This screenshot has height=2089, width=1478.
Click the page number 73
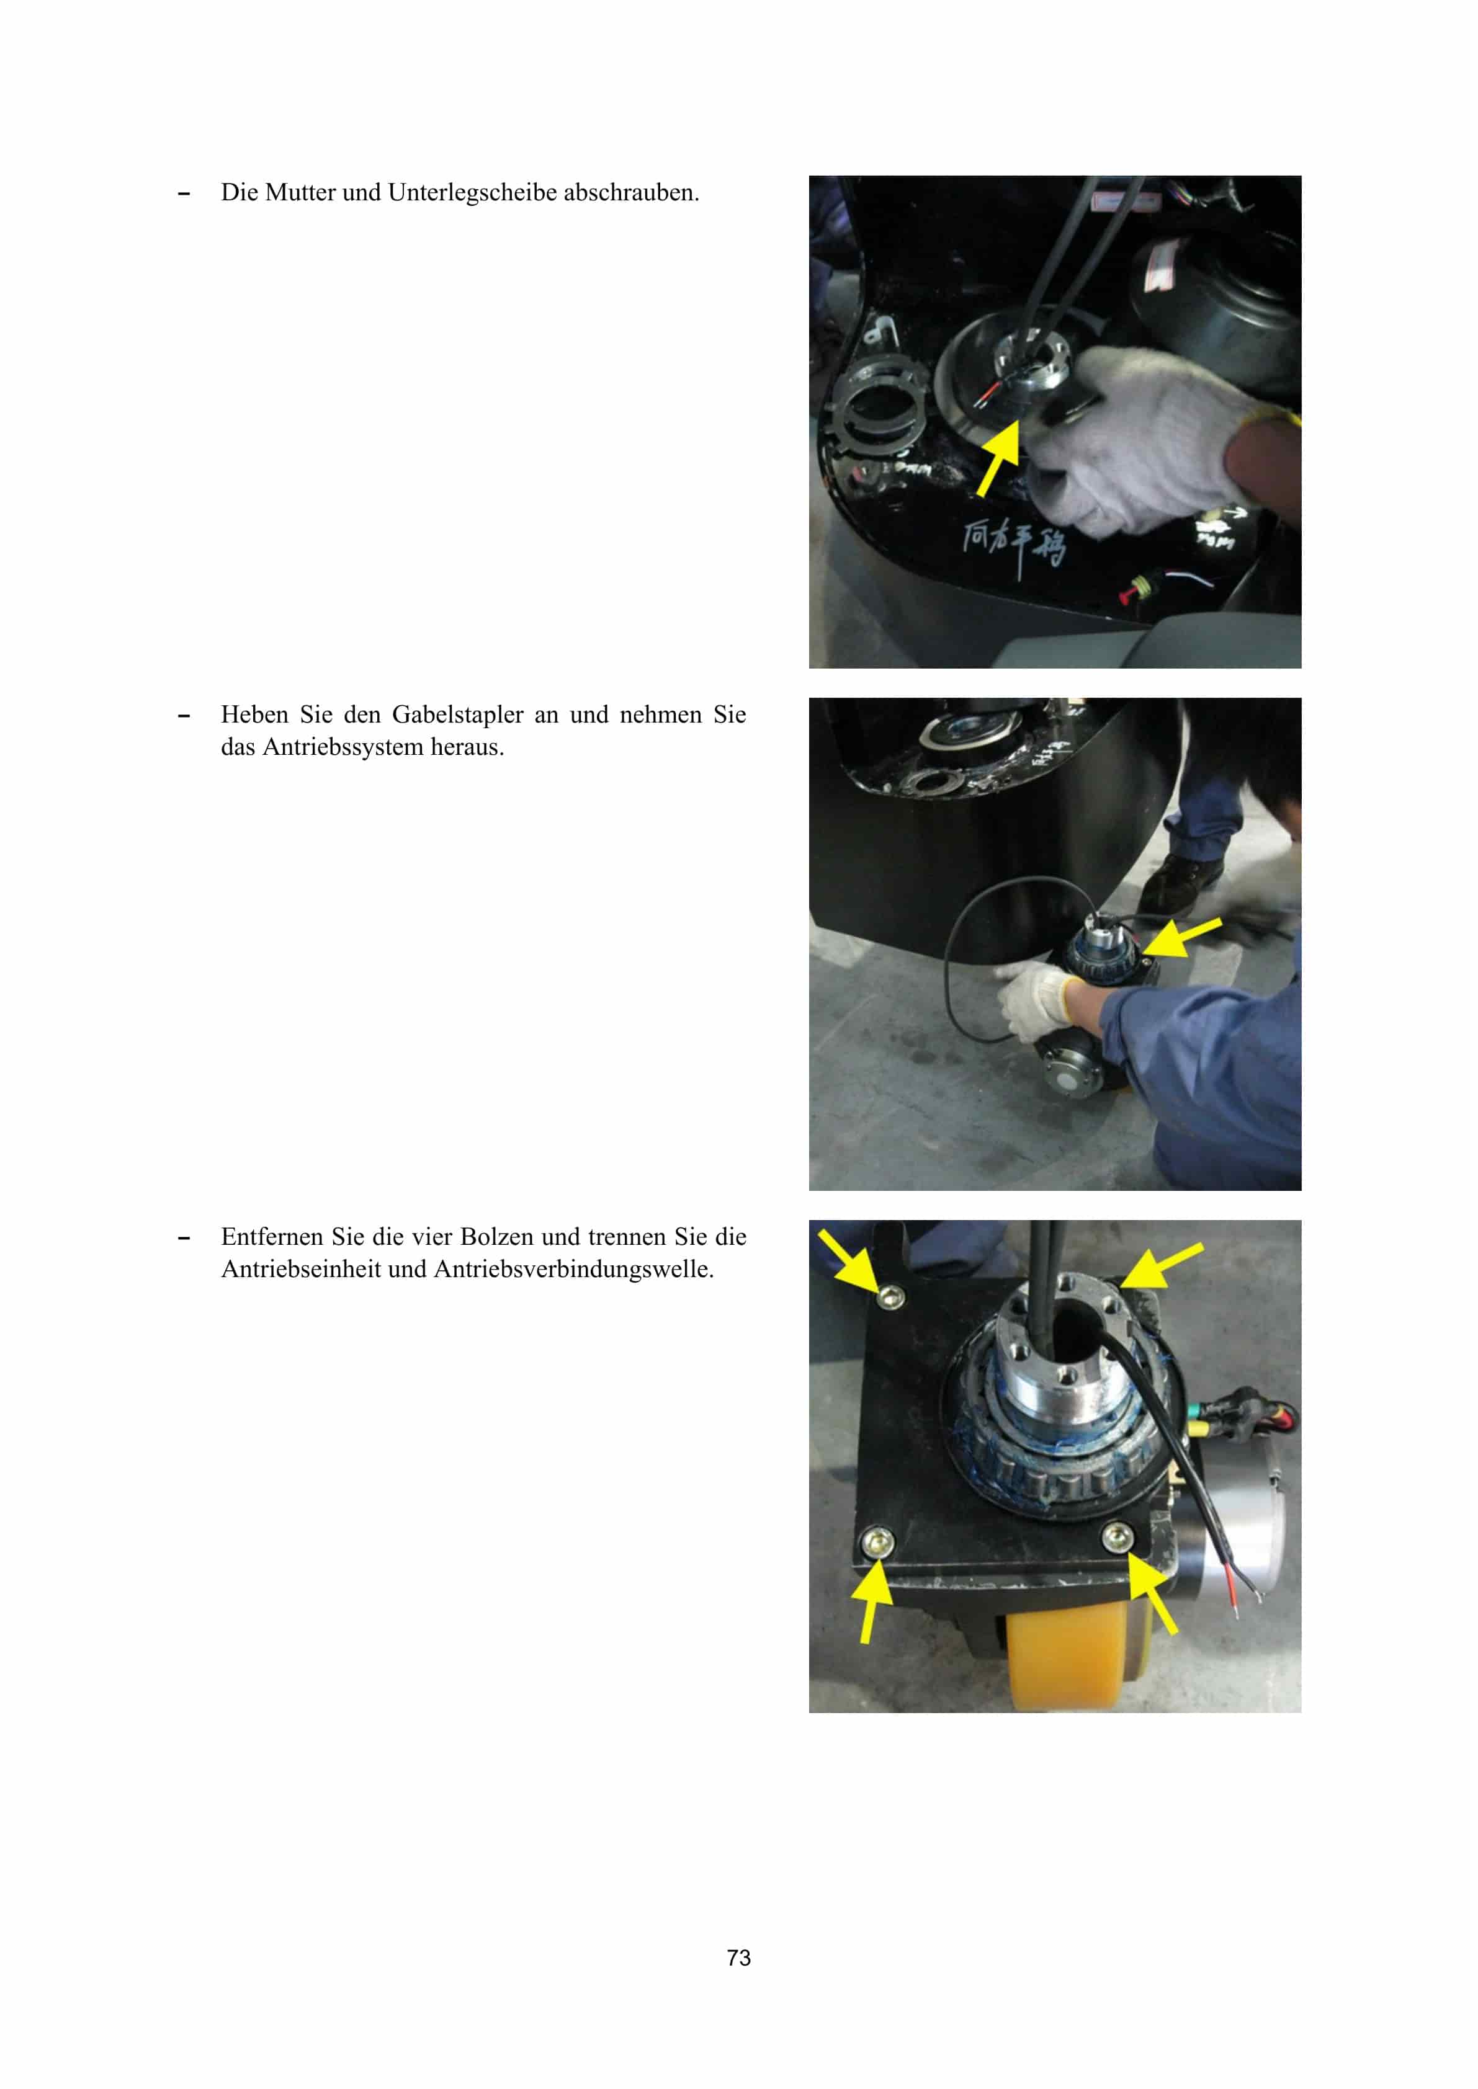click(738, 1957)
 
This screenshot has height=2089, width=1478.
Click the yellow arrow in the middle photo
click(1180, 937)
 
